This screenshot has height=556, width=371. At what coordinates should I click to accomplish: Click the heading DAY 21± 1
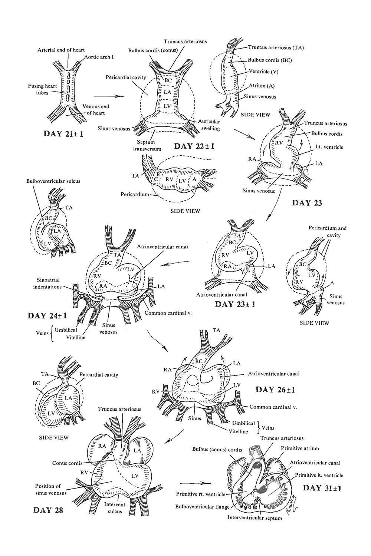[x=63, y=133]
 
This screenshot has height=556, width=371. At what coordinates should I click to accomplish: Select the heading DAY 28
[x=48, y=510]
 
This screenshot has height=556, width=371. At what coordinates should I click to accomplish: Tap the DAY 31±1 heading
[x=322, y=488]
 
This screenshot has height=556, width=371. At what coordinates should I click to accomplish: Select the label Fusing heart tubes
[x=43, y=89]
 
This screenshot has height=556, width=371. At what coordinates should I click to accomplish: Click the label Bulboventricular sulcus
[x=53, y=181]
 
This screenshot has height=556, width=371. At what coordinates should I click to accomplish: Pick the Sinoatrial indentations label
[x=48, y=283]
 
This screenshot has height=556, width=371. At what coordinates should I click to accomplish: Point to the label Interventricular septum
[x=255, y=517]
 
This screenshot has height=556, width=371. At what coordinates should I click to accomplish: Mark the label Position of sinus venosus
[x=51, y=489]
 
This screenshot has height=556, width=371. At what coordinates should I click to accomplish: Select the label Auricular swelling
[x=209, y=125]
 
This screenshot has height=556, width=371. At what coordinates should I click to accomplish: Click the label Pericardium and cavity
[x=327, y=232]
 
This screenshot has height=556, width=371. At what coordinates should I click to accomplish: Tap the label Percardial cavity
[x=99, y=374]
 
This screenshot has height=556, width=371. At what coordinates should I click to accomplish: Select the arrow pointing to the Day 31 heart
[x=191, y=483]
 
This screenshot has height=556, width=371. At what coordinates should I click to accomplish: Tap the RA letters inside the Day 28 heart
[x=103, y=446]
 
